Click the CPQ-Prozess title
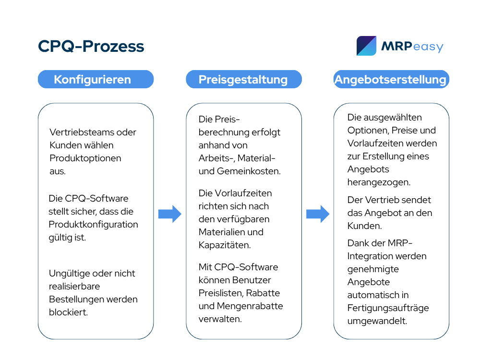(91, 46)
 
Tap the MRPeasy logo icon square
(366, 46)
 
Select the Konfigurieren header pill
(96, 79)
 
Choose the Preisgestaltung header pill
(244, 79)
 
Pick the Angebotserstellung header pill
(391, 79)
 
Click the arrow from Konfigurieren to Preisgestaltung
(170, 214)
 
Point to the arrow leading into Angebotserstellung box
(318, 214)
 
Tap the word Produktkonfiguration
(94, 225)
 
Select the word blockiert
(68, 312)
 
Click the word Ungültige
(69, 274)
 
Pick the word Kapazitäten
(225, 245)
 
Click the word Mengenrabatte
(250, 306)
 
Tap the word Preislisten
(221, 293)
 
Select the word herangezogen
(379, 182)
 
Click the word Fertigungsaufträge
(388, 308)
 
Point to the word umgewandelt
(377, 321)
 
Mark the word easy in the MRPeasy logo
(428, 47)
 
